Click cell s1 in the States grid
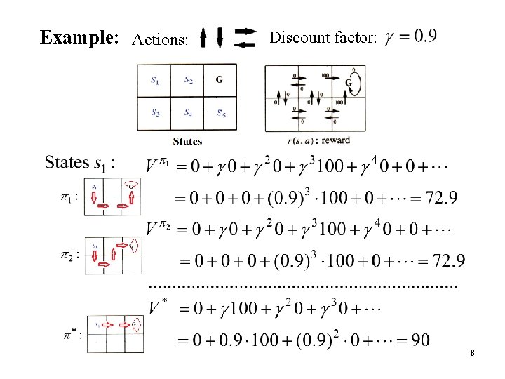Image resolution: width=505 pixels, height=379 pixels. pyautogui.click(x=154, y=81)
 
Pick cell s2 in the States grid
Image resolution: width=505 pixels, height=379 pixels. pyautogui.click(x=188, y=81)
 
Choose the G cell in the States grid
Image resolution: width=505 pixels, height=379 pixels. pyautogui.click(x=220, y=81)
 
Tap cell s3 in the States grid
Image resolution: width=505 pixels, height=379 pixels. pyautogui.click(x=154, y=112)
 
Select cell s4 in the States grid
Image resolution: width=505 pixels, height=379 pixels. pyautogui.click(x=188, y=112)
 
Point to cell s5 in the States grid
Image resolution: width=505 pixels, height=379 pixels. pyautogui.click(x=220, y=112)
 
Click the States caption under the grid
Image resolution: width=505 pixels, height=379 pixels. pyautogui.click(x=187, y=141)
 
